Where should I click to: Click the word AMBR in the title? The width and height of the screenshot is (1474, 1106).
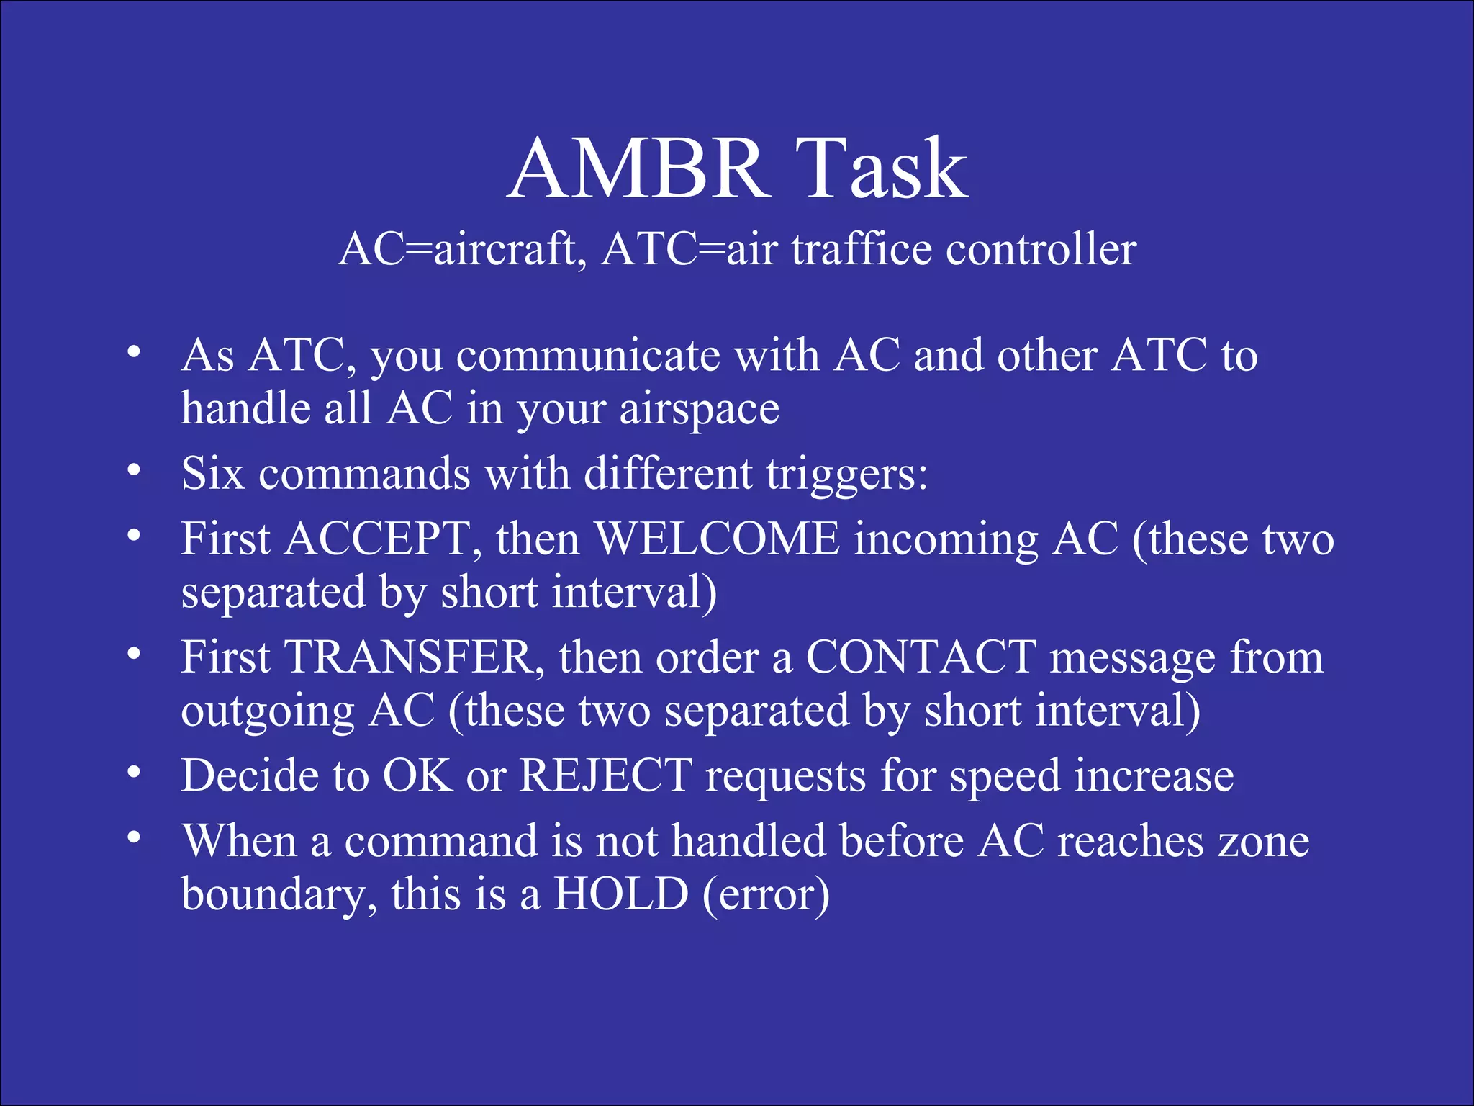click(638, 169)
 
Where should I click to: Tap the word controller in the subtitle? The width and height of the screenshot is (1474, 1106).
click(1041, 250)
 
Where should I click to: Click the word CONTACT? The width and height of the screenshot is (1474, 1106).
click(921, 657)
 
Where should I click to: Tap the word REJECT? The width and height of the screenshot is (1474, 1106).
click(606, 776)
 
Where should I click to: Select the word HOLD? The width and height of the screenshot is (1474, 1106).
click(621, 894)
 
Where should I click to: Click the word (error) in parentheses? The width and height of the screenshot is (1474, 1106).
click(766, 894)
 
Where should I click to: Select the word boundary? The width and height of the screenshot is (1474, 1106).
click(278, 894)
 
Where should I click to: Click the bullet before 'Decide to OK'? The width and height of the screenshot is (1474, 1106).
click(133, 772)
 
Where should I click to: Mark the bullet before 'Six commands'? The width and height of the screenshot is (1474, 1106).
click(133, 470)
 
